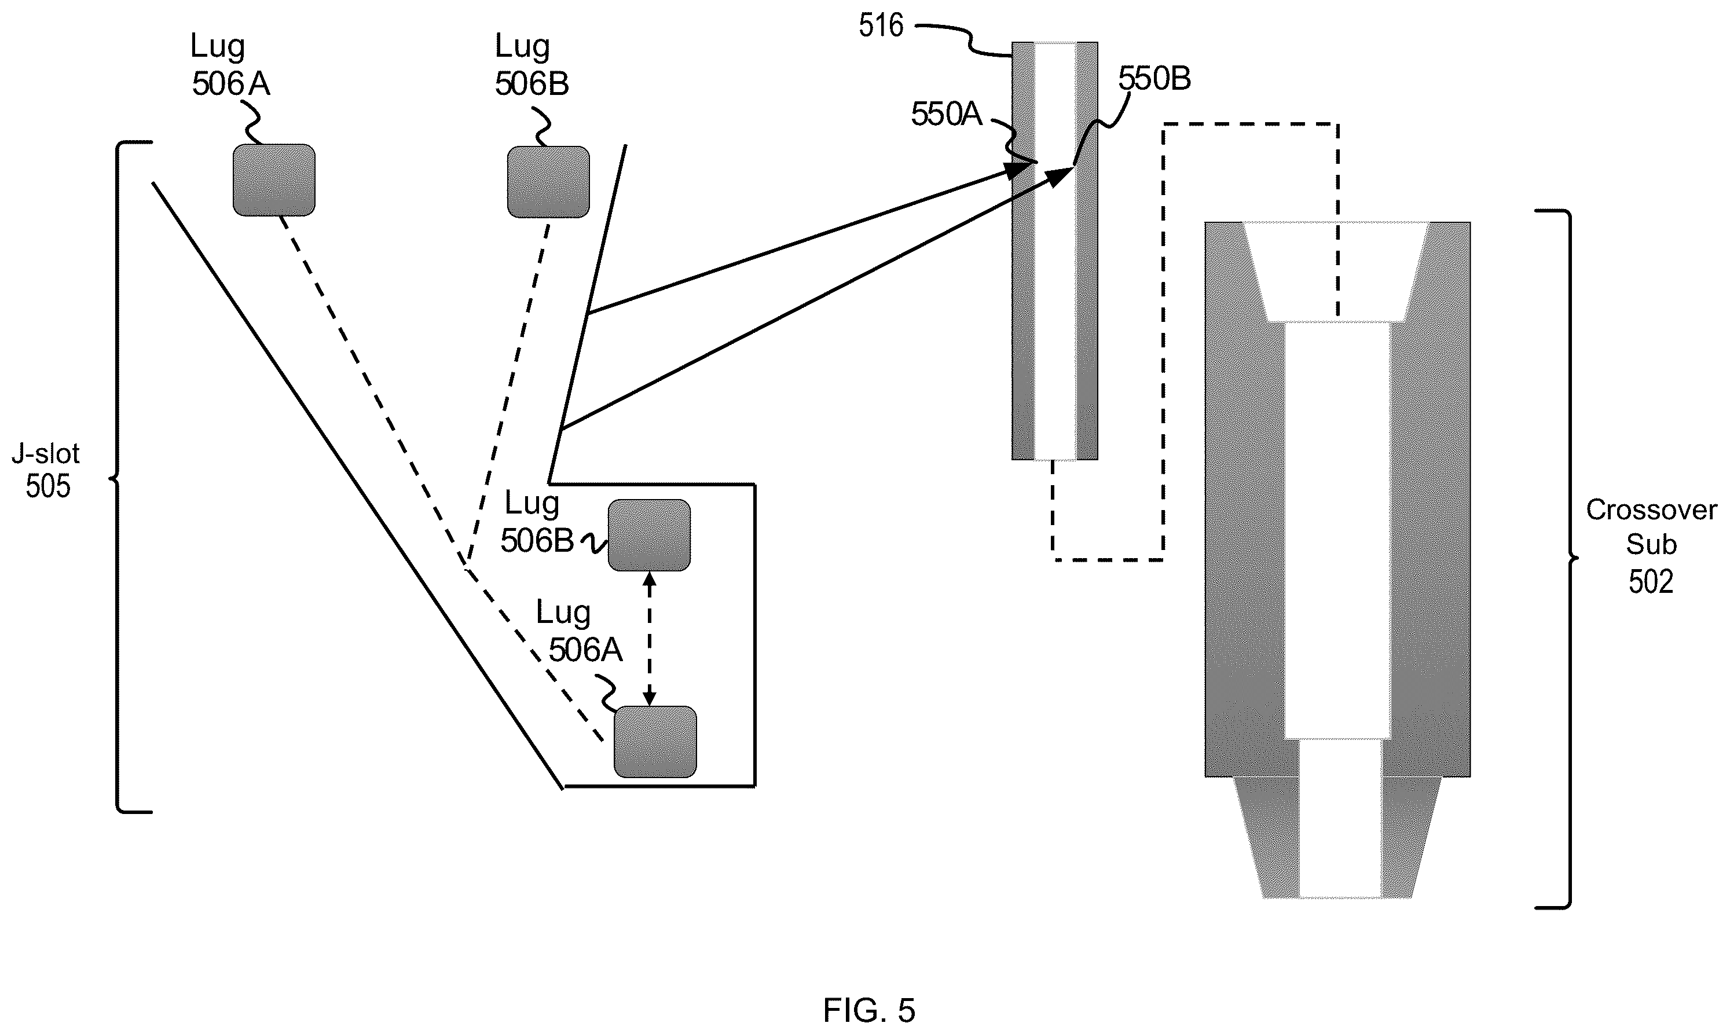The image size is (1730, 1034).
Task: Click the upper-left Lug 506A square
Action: tap(274, 180)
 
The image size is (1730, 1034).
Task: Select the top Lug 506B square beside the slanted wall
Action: tap(548, 181)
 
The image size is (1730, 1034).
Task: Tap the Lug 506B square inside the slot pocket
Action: tap(650, 535)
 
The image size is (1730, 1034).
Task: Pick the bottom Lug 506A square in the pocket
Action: tap(655, 742)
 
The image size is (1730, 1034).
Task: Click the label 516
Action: tap(881, 27)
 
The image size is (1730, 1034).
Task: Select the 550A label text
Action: tap(946, 113)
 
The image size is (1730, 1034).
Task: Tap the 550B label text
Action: tap(1154, 79)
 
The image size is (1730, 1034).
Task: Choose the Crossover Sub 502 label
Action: tap(1651, 545)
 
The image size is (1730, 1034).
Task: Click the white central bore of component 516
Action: tap(1055, 251)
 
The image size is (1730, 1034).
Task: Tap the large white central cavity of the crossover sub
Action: tap(1337, 530)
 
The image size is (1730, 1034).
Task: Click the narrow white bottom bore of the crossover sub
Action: tap(1340, 819)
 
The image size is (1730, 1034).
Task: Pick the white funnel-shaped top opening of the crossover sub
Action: tap(1336, 271)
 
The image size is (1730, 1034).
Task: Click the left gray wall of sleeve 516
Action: tap(1024, 251)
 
